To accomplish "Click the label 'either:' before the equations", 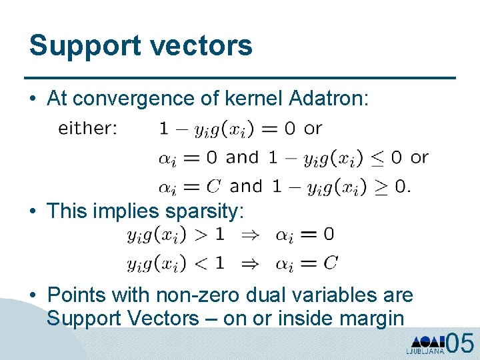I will [x=87, y=129].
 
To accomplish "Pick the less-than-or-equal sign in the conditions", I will [x=396, y=158].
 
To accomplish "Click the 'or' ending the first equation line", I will [x=313, y=129].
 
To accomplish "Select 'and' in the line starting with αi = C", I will [x=246, y=187].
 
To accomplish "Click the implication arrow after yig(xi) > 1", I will [x=249, y=235].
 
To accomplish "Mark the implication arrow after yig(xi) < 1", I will [x=249, y=263].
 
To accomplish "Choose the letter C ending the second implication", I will [x=330, y=263].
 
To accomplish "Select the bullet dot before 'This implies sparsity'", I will [x=33, y=212].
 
